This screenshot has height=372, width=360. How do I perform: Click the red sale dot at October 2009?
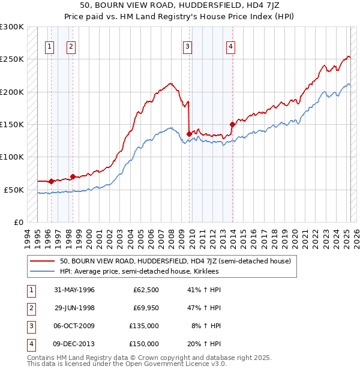(x=189, y=134)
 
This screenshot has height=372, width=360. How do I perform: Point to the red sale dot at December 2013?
(x=232, y=124)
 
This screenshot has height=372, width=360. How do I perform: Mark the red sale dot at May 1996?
(x=51, y=181)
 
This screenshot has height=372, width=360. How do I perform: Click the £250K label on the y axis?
(x=12, y=59)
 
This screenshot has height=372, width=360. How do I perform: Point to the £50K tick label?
(x=14, y=190)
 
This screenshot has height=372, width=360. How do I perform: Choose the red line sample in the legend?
(x=42, y=262)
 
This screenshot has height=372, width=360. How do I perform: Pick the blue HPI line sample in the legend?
(x=42, y=271)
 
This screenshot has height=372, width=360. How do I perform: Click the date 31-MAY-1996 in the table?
(x=74, y=290)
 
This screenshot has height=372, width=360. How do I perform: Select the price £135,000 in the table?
(x=144, y=326)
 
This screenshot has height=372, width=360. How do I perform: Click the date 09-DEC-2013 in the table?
(x=74, y=344)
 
